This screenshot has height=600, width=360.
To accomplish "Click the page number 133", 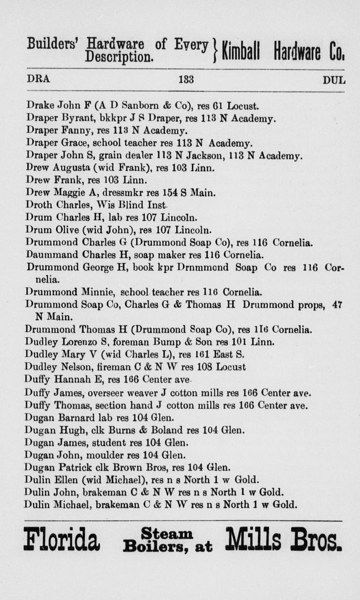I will tap(186, 80).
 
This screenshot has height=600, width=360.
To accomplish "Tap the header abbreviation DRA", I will tap(38, 80).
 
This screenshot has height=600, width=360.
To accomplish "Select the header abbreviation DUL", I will tap(334, 80).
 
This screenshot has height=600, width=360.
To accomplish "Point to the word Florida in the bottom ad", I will tap(62, 539).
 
